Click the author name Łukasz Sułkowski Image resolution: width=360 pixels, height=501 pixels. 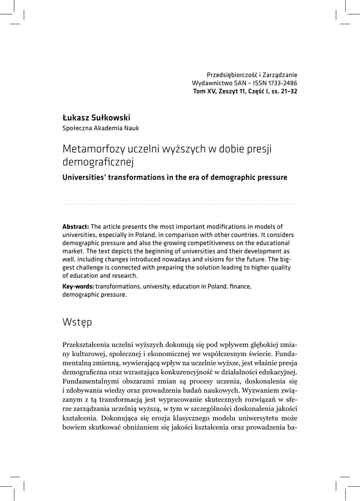click(97, 118)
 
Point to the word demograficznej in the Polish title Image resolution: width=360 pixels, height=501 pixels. click(98, 161)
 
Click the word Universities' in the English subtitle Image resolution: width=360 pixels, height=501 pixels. click(85, 177)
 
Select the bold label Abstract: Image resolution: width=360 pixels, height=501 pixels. click(76, 227)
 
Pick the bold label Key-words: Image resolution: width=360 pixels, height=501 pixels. click(78, 287)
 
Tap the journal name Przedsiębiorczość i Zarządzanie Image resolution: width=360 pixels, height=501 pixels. click(252, 74)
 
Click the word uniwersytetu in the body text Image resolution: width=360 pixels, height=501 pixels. click(249, 418)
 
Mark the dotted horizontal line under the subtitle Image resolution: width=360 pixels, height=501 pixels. click(180, 204)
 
